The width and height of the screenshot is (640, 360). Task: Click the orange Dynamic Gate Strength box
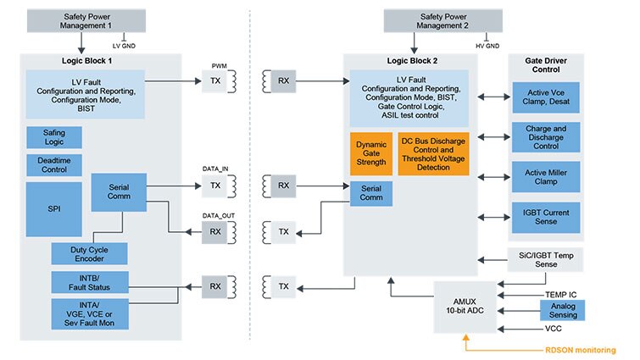tap(370, 153)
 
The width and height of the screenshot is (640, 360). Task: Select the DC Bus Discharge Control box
tap(432, 153)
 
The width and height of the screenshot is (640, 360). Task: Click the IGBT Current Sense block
tap(545, 216)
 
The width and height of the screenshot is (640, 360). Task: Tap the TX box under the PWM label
tap(215, 82)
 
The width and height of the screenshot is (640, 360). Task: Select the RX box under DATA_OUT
tap(215, 232)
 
